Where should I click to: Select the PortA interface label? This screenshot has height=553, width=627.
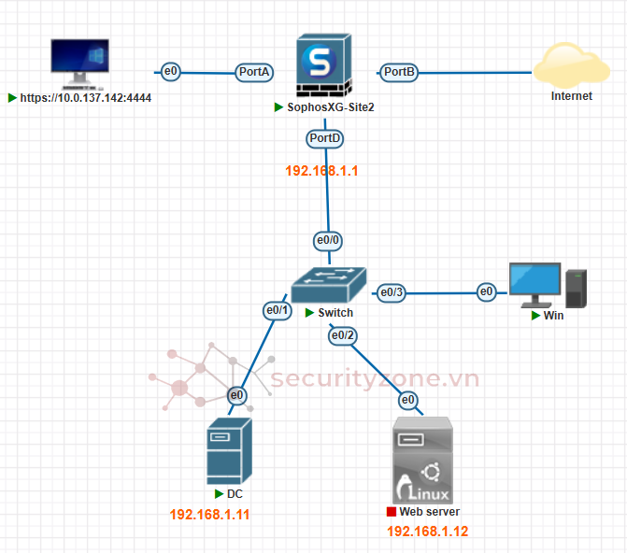[x=255, y=71]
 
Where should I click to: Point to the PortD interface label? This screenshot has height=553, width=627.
[x=324, y=138]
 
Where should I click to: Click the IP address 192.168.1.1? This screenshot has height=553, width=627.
[x=322, y=171]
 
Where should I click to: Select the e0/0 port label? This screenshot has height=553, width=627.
[x=328, y=240]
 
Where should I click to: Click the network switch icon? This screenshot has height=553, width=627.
[x=328, y=283]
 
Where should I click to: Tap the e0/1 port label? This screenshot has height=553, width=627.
[x=278, y=310]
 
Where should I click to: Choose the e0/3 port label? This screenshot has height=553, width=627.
[x=392, y=293]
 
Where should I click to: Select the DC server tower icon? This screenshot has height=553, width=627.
[x=227, y=450]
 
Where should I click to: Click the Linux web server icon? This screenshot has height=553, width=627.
[x=422, y=461]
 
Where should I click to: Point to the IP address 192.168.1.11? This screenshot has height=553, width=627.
[x=209, y=514]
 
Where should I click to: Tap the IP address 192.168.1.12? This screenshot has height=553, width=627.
[x=427, y=532]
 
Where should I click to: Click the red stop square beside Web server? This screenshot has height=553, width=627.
[x=391, y=512]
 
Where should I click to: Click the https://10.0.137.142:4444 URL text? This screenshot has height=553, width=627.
[x=85, y=97]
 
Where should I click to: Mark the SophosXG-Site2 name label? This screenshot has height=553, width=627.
[x=330, y=107]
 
